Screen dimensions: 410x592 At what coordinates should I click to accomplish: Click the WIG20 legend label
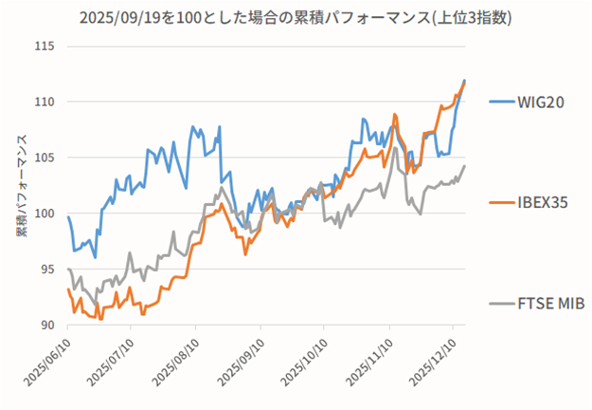[542, 102]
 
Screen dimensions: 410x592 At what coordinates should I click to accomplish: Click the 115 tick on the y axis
[45, 47]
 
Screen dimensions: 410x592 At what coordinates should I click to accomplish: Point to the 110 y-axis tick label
[45, 102]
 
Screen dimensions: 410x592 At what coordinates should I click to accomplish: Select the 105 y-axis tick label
[45, 158]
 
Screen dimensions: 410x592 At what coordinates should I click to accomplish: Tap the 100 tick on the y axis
[45, 214]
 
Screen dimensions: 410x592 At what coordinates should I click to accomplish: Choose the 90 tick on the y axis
[48, 325]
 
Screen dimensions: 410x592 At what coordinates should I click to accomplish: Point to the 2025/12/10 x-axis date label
[433, 363]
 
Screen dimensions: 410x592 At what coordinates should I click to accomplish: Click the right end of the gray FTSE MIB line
[464, 166]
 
